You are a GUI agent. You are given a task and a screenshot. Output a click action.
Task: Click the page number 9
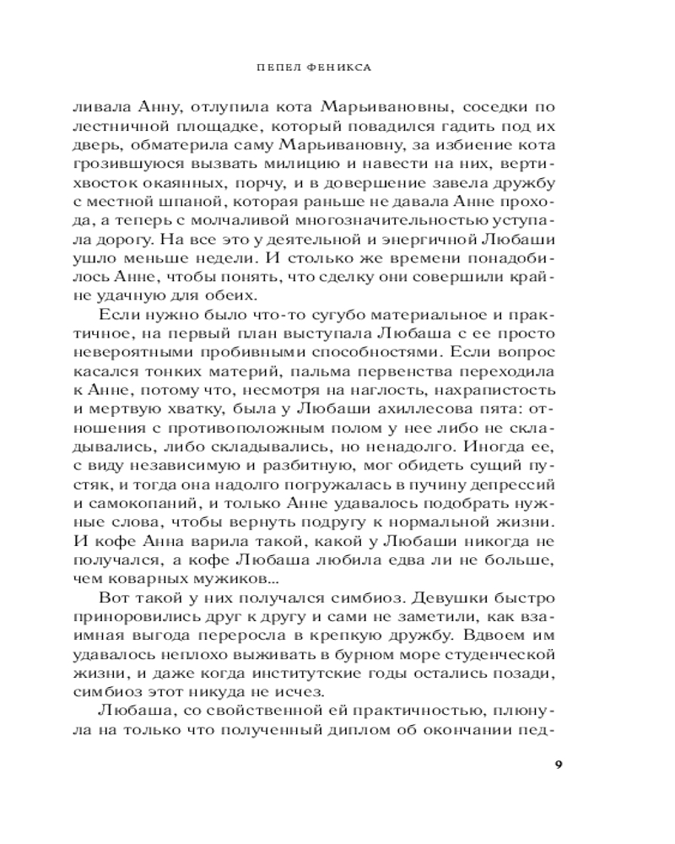pyautogui.click(x=559, y=765)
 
